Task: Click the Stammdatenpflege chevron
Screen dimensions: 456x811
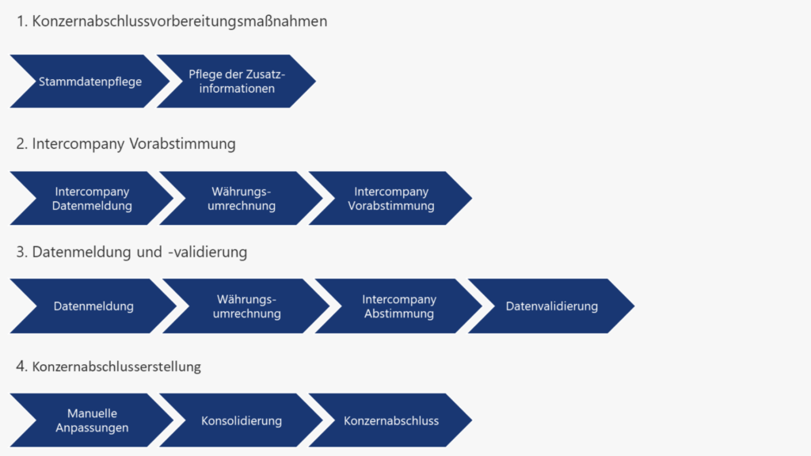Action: point(90,81)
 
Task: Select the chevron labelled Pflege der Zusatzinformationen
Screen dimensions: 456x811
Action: point(236,81)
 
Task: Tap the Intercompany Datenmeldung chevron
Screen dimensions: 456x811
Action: point(92,199)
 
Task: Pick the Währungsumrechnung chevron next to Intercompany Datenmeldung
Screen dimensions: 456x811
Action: point(242,199)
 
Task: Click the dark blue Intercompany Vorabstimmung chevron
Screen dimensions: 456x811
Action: point(391,199)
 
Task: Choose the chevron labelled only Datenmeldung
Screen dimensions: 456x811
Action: point(93,306)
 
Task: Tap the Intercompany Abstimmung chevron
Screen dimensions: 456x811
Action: point(399,306)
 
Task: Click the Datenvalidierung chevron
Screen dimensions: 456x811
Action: point(552,306)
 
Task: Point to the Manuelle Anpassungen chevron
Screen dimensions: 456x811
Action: point(92,420)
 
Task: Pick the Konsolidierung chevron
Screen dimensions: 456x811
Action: point(242,420)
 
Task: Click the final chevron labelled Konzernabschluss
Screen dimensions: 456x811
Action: point(391,420)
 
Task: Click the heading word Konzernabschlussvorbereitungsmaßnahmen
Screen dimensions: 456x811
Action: point(180,21)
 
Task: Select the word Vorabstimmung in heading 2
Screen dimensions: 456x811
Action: point(187,144)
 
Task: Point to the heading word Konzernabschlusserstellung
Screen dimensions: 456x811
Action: point(116,367)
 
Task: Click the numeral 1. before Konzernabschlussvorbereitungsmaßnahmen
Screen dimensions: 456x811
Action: point(22,21)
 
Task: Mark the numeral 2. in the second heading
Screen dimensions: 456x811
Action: point(22,144)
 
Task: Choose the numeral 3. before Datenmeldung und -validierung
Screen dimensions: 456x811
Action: point(22,252)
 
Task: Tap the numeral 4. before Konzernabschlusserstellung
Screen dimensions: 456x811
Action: point(22,367)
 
